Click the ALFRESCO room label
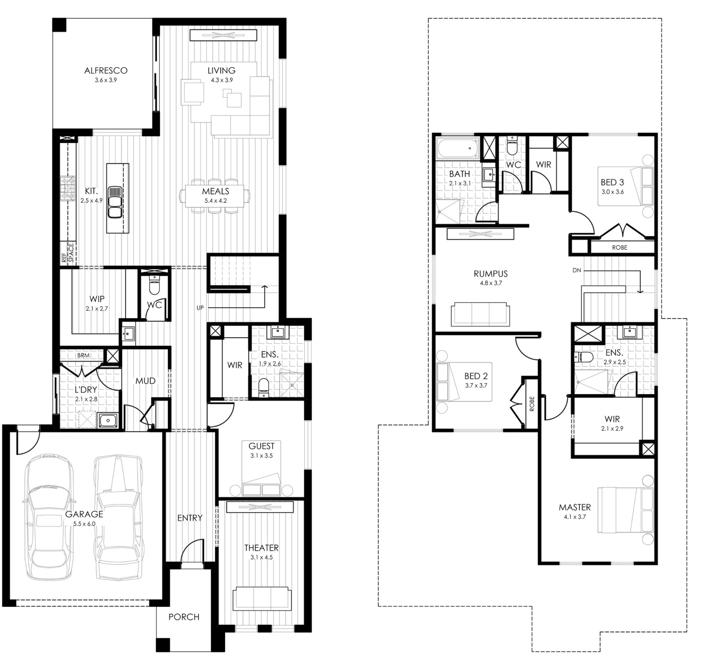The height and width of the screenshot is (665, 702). pyautogui.click(x=106, y=70)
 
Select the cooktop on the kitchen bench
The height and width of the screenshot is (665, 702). pyautogui.click(x=68, y=189)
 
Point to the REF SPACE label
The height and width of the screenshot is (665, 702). pyautogui.click(x=67, y=253)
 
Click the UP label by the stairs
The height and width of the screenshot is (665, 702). pyautogui.click(x=200, y=307)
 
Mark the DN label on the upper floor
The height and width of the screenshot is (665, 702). pyautogui.click(x=577, y=270)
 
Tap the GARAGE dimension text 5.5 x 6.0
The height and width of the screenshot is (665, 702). pyautogui.click(x=84, y=524)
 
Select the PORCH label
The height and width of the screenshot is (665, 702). pyautogui.click(x=184, y=617)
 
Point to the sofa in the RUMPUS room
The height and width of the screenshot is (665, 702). pyautogui.click(x=480, y=314)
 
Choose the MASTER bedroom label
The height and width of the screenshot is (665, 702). pyautogui.click(x=575, y=507)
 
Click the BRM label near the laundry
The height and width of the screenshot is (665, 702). pyautogui.click(x=83, y=355)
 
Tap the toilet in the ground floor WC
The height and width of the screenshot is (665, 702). pyautogui.click(x=154, y=285)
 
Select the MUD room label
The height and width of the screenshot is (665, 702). pyautogui.click(x=146, y=381)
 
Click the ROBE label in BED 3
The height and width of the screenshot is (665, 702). pyautogui.click(x=619, y=247)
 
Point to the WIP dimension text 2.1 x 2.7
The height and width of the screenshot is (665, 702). pyautogui.click(x=97, y=309)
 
